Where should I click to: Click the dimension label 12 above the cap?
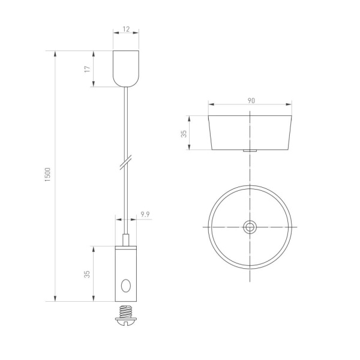click(126, 28)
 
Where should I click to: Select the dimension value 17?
click(88, 69)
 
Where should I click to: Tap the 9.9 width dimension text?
click(145, 214)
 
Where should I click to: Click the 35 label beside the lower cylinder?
click(88, 274)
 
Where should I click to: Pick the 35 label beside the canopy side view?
click(184, 133)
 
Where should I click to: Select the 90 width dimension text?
click(251, 100)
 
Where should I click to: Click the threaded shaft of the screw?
click(126, 313)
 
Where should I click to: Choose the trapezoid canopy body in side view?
click(250, 132)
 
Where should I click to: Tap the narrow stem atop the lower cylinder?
click(126, 239)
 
